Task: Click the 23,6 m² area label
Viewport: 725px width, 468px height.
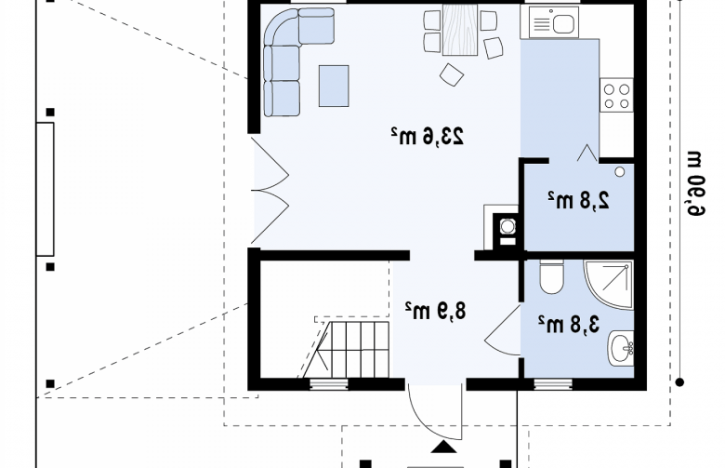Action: coord(427,136)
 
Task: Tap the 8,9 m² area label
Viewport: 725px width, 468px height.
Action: coord(436,311)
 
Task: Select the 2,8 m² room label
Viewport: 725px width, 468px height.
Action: coord(579,200)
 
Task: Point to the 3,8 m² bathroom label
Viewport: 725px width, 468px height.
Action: coord(569,324)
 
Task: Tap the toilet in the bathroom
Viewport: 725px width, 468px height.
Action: coord(551,276)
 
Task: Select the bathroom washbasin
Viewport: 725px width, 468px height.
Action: coord(621,348)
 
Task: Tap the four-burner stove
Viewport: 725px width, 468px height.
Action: coord(616,95)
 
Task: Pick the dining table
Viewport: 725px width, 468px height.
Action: coord(459,30)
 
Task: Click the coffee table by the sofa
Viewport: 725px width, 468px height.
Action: coord(334,87)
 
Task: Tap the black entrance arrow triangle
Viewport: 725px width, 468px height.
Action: coord(444,447)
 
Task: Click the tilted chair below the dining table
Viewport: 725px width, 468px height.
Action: coord(452,74)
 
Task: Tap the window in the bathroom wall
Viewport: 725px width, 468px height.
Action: coord(553,384)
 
